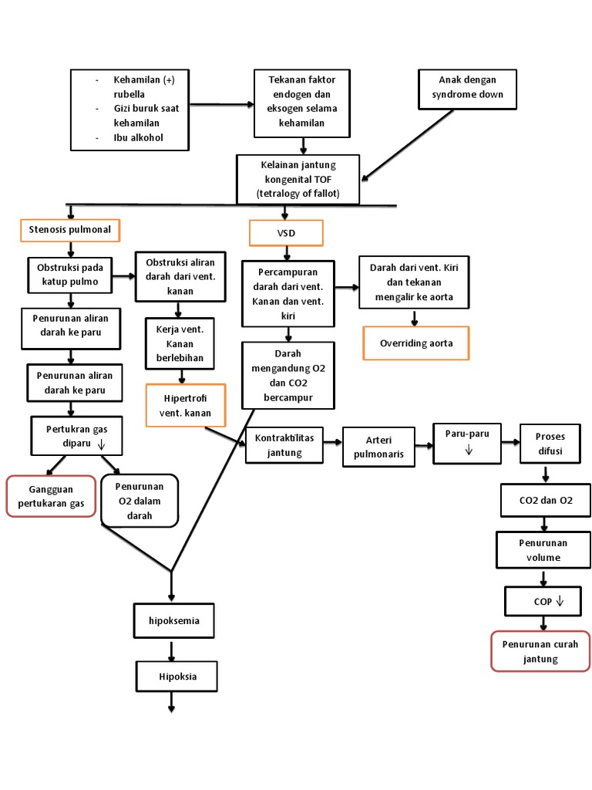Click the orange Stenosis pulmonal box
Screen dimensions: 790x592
click(70, 230)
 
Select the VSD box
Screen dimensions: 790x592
click(286, 233)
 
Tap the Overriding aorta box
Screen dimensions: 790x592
click(416, 343)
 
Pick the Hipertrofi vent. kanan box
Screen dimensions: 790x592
click(186, 405)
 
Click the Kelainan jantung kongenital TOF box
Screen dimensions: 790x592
click(298, 179)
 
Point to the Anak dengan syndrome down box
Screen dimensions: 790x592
click(467, 88)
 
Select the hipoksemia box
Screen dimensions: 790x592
click(173, 620)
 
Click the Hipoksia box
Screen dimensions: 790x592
click(177, 677)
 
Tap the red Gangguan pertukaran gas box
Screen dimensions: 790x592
click(51, 496)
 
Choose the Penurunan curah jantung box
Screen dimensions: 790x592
click(540, 651)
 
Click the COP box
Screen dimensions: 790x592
click(543, 601)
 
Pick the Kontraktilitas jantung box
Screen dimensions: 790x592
click(284, 445)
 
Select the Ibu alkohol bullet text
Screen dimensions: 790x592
click(139, 138)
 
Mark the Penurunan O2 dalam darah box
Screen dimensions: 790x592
click(140, 501)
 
